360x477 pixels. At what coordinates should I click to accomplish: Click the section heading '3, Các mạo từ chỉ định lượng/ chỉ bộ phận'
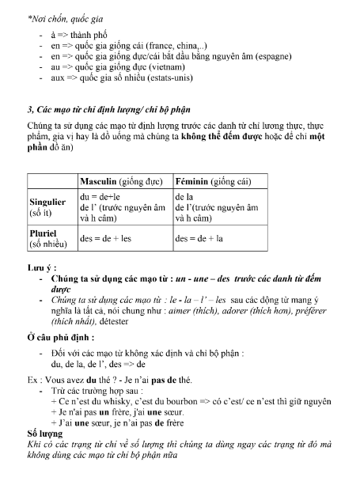click(108, 108)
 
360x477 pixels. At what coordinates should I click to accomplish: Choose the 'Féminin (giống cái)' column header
click(218, 181)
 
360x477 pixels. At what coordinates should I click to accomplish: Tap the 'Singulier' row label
click(47, 202)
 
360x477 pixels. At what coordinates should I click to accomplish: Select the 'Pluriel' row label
click(43, 234)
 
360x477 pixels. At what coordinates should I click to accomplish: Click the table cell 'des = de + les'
click(108, 238)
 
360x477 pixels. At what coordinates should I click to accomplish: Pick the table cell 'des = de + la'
click(201, 238)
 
